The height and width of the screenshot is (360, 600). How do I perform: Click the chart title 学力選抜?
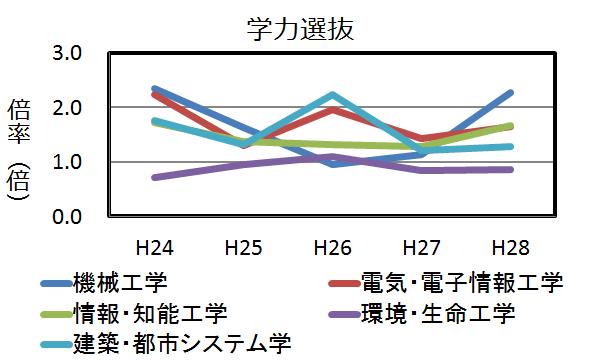click(300, 28)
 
